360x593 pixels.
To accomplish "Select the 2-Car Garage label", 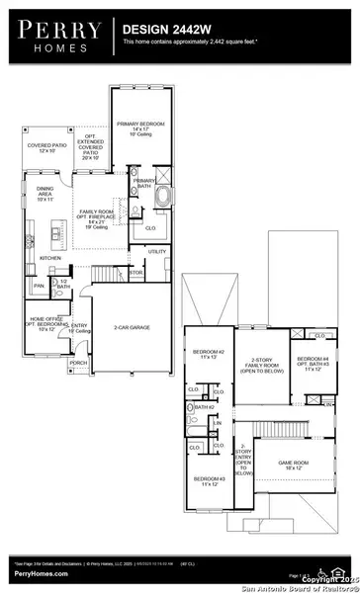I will click(x=133, y=327).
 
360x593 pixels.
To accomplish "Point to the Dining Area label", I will click(x=51, y=196).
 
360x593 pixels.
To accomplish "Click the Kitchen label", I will click(x=49, y=259).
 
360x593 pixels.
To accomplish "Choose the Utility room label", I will click(x=157, y=252).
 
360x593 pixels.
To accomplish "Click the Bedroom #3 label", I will click(x=209, y=481).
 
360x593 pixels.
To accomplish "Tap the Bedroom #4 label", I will click(x=312, y=363).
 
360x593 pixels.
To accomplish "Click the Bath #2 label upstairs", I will click(x=204, y=407).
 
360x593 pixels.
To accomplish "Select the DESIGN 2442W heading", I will click(x=165, y=31).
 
